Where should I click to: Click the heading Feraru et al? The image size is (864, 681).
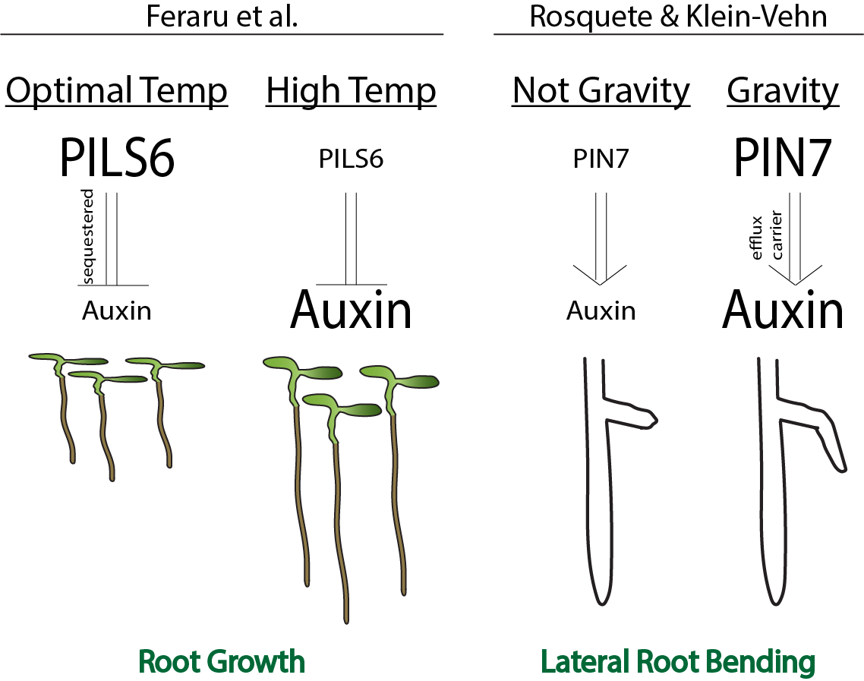click(x=222, y=17)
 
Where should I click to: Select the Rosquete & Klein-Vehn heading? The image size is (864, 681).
click(x=677, y=17)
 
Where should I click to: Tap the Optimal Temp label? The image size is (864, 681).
click(x=117, y=92)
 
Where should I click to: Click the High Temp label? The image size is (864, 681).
click(x=351, y=92)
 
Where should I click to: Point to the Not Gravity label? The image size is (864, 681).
click(x=601, y=91)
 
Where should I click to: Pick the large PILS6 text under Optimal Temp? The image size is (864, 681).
click(x=117, y=159)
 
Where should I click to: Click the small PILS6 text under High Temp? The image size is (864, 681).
click(x=351, y=159)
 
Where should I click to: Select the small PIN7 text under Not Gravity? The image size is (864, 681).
click(x=601, y=159)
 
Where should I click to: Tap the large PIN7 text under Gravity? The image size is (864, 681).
click(x=783, y=159)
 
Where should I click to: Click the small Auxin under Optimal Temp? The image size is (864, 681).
click(x=117, y=311)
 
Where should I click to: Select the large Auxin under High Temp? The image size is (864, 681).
click(x=351, y=311)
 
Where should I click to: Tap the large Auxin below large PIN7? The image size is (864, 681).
click(x=783, y=311)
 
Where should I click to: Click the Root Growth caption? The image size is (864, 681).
click(x=222, y=662)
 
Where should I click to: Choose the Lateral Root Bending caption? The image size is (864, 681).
click(x=677, y=662)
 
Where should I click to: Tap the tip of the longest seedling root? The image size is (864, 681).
click(x=347, y=620)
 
